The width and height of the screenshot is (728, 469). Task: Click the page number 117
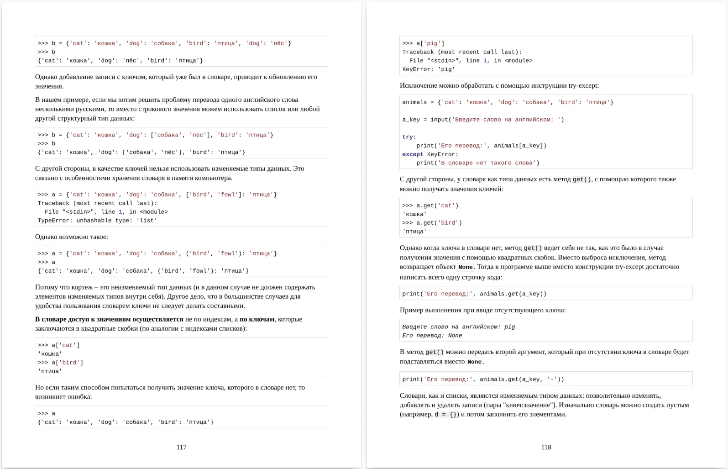click(x=181, y=447)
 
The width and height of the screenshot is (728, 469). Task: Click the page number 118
click(x=546, y=447)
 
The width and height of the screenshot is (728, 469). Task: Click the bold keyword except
click(x=413, y=154)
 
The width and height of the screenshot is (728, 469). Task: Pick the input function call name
click(x=439, y=120)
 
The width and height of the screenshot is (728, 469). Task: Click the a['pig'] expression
click(x=430, y=43)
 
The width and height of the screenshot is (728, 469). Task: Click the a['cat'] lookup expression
click(x=66, y=345)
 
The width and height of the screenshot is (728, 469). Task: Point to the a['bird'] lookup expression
click(x=67, y=363)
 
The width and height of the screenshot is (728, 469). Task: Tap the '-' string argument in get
click(x=551, y=379)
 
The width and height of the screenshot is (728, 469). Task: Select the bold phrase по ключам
click(x=257, y=319)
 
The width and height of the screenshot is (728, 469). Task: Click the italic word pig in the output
click(x=509, y=327)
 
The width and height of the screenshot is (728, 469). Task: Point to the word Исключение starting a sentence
click(x=419, y=85)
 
